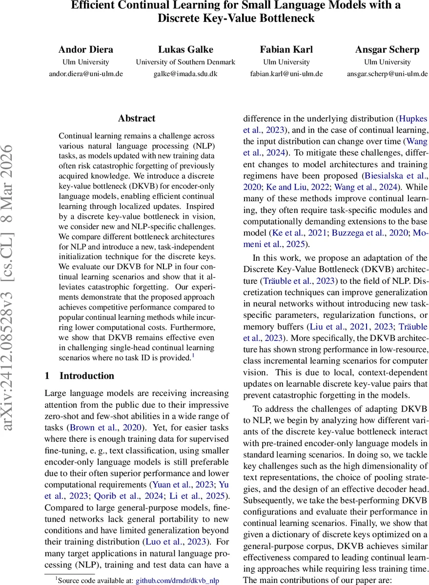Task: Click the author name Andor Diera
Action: (85, 50)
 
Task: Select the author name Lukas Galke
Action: (185, 50)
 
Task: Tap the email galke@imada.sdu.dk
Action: (185, 74)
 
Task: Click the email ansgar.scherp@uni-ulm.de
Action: (387, 74)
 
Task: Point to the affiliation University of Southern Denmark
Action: (185, 62)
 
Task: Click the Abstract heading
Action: (137, 118)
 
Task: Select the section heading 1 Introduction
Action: (79, 376)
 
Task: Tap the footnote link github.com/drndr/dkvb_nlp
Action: (177, 580)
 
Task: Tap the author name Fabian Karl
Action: (286, 50)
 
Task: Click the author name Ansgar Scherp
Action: (387, 50)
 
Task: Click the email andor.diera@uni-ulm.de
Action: (85, 74)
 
